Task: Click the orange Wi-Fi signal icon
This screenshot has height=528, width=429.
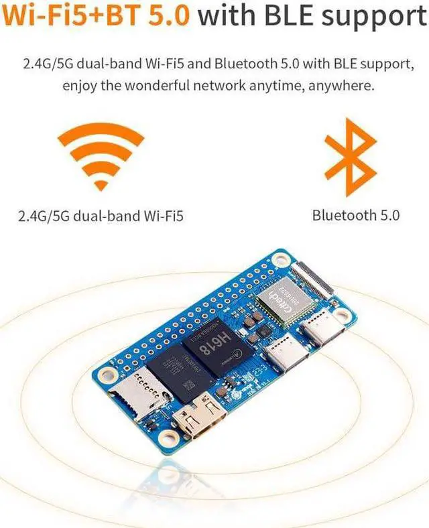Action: (x=101, y=157)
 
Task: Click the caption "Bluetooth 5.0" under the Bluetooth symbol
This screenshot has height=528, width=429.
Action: (x=355, y=215)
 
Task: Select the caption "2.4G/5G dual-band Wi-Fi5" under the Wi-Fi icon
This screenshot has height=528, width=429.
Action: (x=101, y=216)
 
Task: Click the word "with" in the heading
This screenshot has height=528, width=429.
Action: (x=227, y=17)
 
